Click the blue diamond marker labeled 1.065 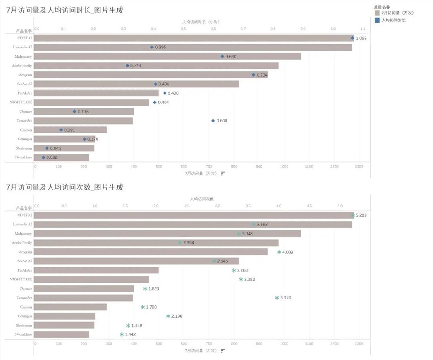click(x=352, y=38)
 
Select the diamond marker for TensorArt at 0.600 click(x=213, y=121)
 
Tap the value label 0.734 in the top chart click(x=262, y=75)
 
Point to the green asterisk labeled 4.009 click(x=279, y=252)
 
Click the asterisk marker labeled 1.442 click(x=122, y=334)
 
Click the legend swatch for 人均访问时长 click(x=377, y=20)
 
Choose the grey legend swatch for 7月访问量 click(x=377, y=13)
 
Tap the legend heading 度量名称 click(x=381, y=7)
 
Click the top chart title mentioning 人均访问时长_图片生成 click(x=65, y=10)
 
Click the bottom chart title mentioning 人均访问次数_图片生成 click(x=65, y=187)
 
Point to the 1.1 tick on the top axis click(x=363, y=29)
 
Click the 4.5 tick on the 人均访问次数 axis click(x=310, y=206)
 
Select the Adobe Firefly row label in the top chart click(x=22, y=65)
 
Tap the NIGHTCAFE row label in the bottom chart click(x=21, y=280)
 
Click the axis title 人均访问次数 click(x=202, y=199)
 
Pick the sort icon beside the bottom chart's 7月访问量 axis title click(x=223, y=350)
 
